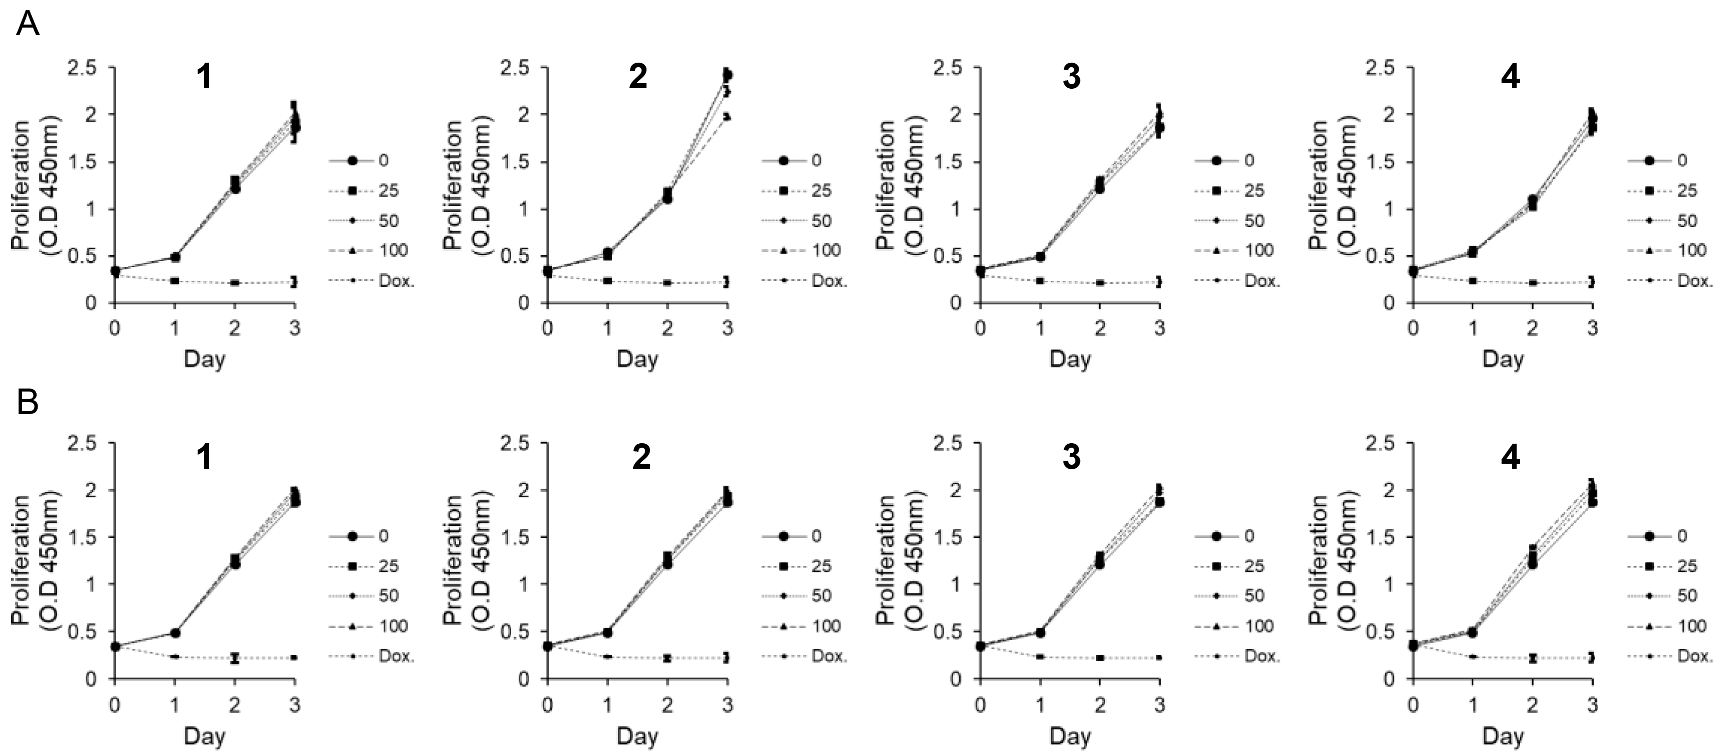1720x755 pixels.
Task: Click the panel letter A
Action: (x=28, y=26)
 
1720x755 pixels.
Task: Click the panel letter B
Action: (x=28, y=403)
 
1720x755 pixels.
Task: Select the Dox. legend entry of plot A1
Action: (x=396, y=281)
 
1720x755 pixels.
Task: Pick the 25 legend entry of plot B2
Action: (x=821, y=566)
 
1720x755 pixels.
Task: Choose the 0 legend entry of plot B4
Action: (x=1682, y=536)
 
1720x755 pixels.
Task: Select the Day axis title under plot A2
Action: (x=637, y=359)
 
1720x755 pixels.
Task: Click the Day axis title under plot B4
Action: (x=1503, y=736)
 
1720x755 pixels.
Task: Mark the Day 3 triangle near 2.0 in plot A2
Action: (x=727, y=116)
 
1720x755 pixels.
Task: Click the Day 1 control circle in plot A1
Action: (x=175, y=257)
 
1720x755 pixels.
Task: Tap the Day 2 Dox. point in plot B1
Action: (x=235, y=657)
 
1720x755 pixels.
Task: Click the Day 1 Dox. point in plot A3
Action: (x=1040, y=281)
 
